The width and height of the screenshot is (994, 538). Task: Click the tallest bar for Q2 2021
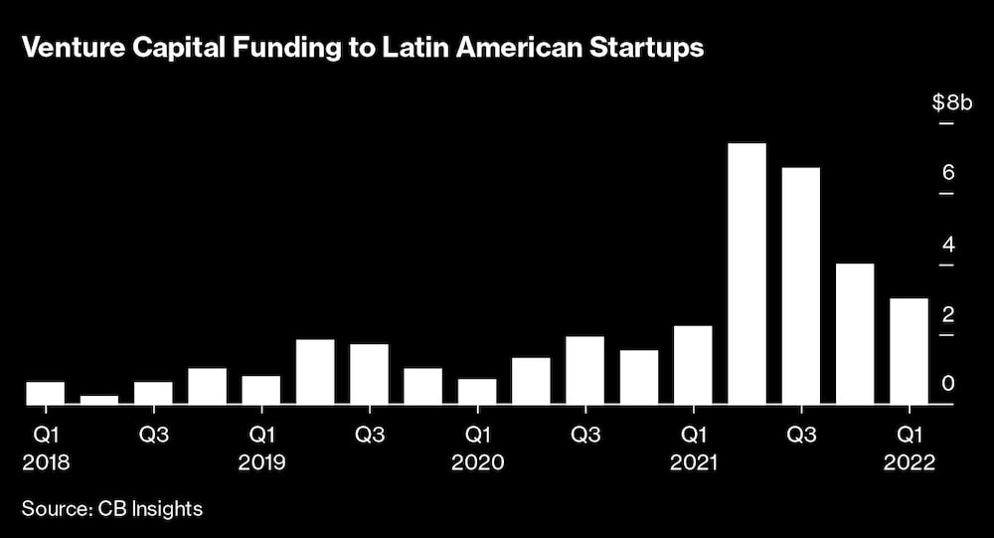[746, 273]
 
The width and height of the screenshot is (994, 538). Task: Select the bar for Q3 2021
[801, 285]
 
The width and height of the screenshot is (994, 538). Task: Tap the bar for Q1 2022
[909, 351]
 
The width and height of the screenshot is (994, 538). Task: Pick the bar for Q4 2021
[855, 334]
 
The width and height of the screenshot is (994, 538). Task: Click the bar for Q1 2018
[45, 393]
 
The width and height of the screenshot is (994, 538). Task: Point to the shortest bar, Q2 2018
[99, 400]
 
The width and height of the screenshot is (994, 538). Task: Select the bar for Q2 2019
[315, 372]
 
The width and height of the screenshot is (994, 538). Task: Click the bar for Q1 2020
[477, 392]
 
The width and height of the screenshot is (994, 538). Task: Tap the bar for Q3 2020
[584, 370]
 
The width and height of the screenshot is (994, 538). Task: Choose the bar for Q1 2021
[693, 365]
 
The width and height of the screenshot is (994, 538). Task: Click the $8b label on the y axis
[948, 101]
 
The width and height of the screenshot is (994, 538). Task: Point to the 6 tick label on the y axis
[948, 173]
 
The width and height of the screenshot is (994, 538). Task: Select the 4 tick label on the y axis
[948, 244]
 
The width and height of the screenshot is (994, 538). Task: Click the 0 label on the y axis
[948, 384]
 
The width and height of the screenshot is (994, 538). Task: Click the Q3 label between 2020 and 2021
[585, 435]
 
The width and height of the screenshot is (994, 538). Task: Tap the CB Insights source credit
[149, 509]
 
